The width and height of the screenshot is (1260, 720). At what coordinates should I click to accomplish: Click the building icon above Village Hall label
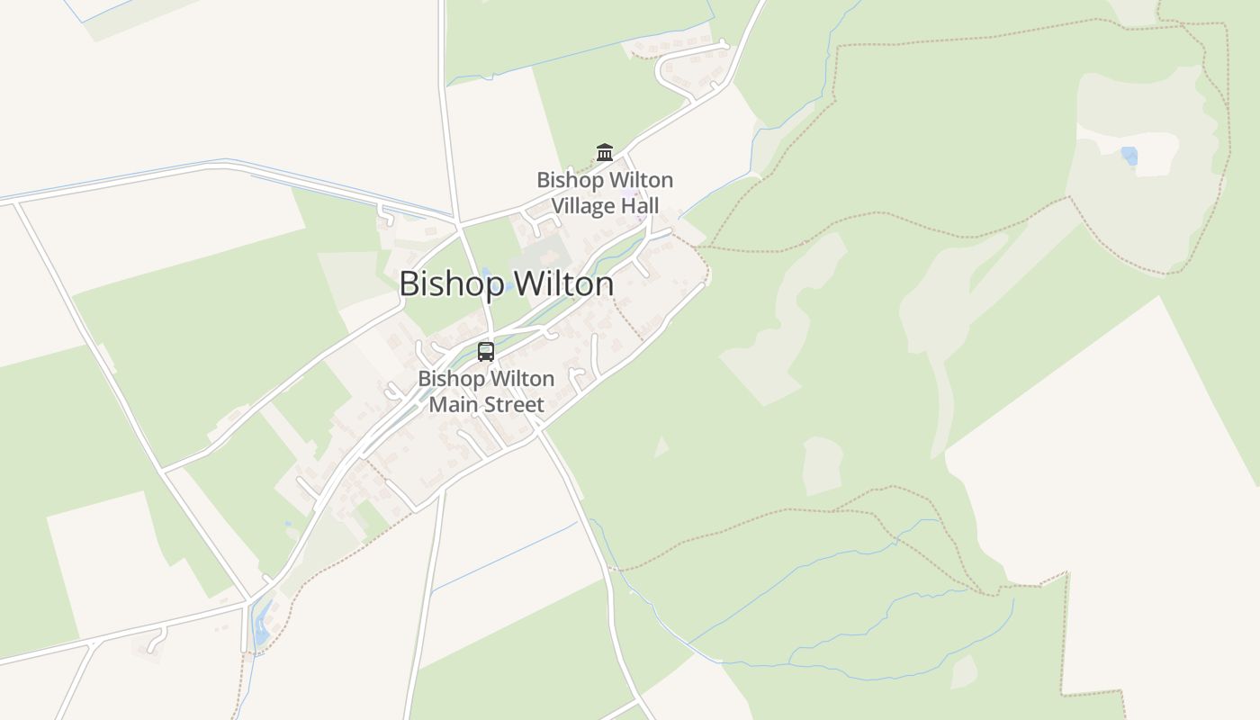(x=605, y=152)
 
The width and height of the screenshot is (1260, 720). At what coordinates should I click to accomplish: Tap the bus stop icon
(x=486, y=351)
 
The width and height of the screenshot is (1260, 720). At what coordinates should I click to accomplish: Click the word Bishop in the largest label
(x=453, y=284)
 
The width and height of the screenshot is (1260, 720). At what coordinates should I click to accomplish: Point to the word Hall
(x=644, y=206)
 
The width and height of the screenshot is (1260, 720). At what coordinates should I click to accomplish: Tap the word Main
(x=449, y=405)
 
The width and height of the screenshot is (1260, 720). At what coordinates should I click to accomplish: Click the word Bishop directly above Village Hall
(x=570, y=180)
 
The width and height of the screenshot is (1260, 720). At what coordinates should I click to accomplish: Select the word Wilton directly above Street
(x=521, y=379)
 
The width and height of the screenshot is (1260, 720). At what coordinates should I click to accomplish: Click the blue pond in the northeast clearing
(x=1129, y=156)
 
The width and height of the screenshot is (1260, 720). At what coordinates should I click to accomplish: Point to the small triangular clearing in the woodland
(x=661, y=447)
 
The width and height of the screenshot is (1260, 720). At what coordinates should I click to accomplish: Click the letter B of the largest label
(x=409, y=284)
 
